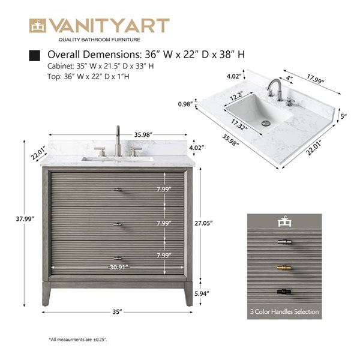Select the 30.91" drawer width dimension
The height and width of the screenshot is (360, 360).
click(118, 267)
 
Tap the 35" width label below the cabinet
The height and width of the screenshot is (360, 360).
click(118, 312)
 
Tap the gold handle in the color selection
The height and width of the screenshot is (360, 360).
click(284, 266)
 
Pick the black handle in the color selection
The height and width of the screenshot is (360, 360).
click(284, 291)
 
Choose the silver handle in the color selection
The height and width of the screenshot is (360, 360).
click(284, 242)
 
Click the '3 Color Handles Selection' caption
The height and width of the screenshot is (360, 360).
click(284, 312)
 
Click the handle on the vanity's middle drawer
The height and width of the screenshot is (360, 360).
click(118, 225)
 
